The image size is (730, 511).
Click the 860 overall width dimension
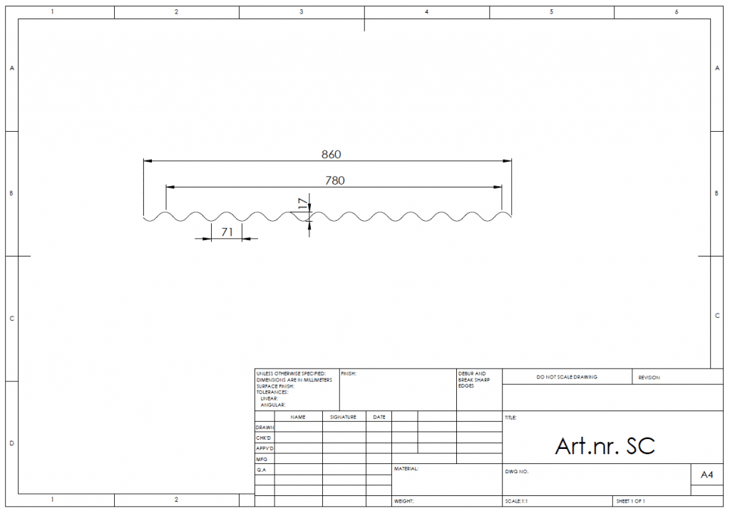(331, 154)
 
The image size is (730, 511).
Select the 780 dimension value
(335, 180)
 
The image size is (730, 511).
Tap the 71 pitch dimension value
(227, 232)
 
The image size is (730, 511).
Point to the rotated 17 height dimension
(303, 203)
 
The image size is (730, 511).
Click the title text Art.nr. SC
(605, 446)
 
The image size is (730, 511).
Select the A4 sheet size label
(706, 475)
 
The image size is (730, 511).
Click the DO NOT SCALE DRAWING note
(567, 377)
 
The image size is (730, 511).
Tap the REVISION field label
(649, 378)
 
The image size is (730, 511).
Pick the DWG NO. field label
(517, 471)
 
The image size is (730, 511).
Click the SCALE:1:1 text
(516, 501)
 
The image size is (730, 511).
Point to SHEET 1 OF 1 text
(630, 501)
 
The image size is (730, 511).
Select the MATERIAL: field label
(406, 469)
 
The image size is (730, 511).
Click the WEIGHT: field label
(403, 501)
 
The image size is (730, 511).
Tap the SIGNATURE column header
(343, 417)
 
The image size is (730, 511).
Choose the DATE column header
(379, 417)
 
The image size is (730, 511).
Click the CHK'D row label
(263, 438)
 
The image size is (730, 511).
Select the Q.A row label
(261, 470)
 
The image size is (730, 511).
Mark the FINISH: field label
(348, 373)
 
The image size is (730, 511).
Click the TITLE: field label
(510, 418)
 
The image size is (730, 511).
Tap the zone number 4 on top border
(426, 11)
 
